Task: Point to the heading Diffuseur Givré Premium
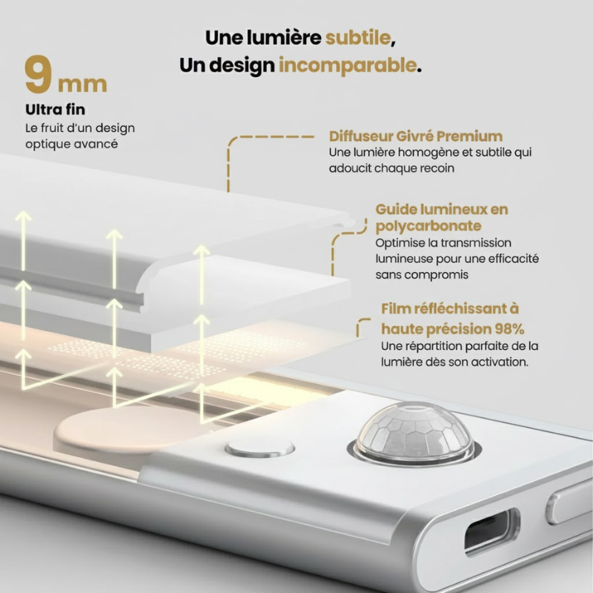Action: pyautogui.click(x=415, y=136)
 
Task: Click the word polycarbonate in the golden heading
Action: pyautogui.click(x=428, y=225)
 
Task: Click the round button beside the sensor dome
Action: pyautogui.click(x=259, y=448)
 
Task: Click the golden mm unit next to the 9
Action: pyautogui.click(x=82, y=83)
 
